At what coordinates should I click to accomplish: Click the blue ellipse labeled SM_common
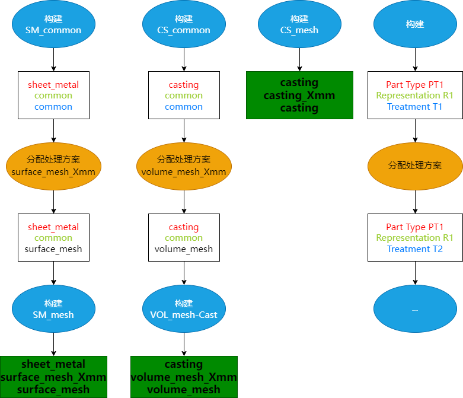pos(53,24)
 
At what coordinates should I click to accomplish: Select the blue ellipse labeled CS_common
pos(184,24)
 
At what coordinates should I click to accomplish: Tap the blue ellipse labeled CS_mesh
pos(300,24)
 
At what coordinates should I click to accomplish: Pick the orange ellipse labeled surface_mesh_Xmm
pos(53,166)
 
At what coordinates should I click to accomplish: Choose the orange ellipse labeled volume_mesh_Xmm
pos(184,166)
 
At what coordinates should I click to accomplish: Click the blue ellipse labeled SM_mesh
pos(53,309)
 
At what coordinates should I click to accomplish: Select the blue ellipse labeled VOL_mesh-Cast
pos(184,309)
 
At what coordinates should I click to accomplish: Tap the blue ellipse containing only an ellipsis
pos(415,309)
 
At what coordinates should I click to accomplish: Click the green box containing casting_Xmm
pos(300,95)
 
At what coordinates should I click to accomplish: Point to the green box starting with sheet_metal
pos(53,377)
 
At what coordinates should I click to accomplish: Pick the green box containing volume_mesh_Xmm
pos(184,377)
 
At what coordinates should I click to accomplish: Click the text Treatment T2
pos(415,249)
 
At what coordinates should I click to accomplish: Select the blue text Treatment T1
pos(414,107)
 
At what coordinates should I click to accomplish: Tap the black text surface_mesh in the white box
pos(53,249)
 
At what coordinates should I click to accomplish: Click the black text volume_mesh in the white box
pos(184,249)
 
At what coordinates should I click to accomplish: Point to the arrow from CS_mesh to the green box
pos(300,60)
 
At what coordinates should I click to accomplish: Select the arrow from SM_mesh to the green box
pos(53,344)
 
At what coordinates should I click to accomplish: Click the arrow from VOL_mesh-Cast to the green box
pos(184,344)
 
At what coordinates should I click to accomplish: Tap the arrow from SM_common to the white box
pos(53,60)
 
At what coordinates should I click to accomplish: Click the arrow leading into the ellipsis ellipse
pos(415,273)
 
